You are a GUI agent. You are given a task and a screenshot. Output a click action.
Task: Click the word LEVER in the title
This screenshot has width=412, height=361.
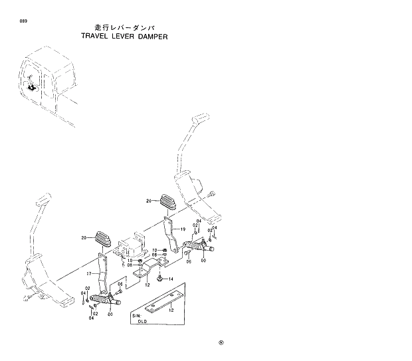click(x=124, y=37)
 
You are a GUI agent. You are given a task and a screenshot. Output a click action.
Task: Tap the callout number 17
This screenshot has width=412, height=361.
click(x=88, y=272)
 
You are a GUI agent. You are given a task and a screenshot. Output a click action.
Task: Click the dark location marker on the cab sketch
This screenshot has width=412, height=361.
click(x=31, y=86)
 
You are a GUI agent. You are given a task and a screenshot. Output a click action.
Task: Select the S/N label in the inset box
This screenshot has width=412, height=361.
click(x=136, y=314)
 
